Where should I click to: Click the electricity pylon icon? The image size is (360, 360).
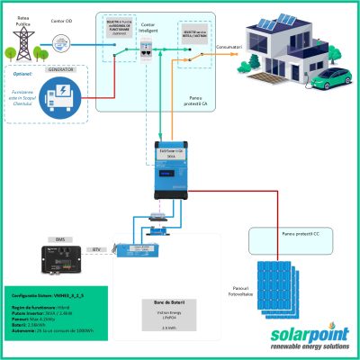click(20, 37)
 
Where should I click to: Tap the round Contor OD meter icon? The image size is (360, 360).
click(60, 40)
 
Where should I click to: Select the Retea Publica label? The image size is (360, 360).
click(19, 11)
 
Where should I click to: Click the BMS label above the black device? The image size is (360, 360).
click(59, 239)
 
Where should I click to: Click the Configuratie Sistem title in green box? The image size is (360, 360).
click(43, 294)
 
